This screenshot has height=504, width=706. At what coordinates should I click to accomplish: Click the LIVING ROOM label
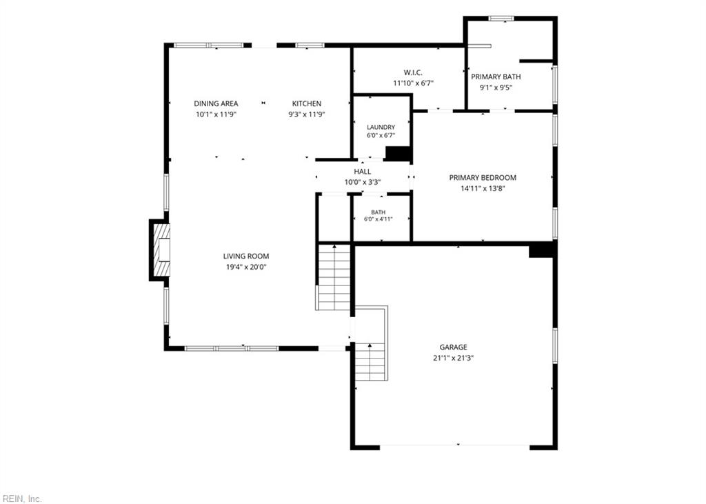[x=246, y=256]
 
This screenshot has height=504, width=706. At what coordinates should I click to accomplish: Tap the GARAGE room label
[x=454, y=347]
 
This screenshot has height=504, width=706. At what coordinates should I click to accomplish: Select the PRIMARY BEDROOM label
[x=483, y=177]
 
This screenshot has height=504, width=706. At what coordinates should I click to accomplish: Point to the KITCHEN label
[x=307, y=103]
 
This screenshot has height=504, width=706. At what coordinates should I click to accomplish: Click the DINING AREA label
[x=216, y=103]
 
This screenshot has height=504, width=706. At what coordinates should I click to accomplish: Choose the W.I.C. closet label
[x=413, y=72]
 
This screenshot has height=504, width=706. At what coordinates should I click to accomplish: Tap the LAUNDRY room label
[x=381, y=128]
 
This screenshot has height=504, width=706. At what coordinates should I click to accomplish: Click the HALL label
[x=363, y=172]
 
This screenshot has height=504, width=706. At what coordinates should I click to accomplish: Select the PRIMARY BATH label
[x=496, y=77]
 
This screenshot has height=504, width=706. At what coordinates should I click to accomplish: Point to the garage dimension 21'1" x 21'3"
[x=454, y=359]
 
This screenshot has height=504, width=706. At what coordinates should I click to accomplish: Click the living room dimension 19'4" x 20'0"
[x=246, y=267]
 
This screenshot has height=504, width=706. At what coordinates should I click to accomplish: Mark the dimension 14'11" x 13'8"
[x=483, y=189]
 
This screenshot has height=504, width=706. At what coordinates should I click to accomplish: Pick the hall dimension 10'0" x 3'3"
[x=363, y=183]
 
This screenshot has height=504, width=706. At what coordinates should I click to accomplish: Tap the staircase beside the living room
[x=334, y=277]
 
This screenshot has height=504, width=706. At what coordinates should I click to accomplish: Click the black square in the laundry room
[x=397, y=153]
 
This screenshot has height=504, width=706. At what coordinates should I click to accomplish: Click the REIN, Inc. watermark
[x=21, y=498]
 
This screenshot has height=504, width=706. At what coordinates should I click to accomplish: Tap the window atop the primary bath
[x=502, y=19]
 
